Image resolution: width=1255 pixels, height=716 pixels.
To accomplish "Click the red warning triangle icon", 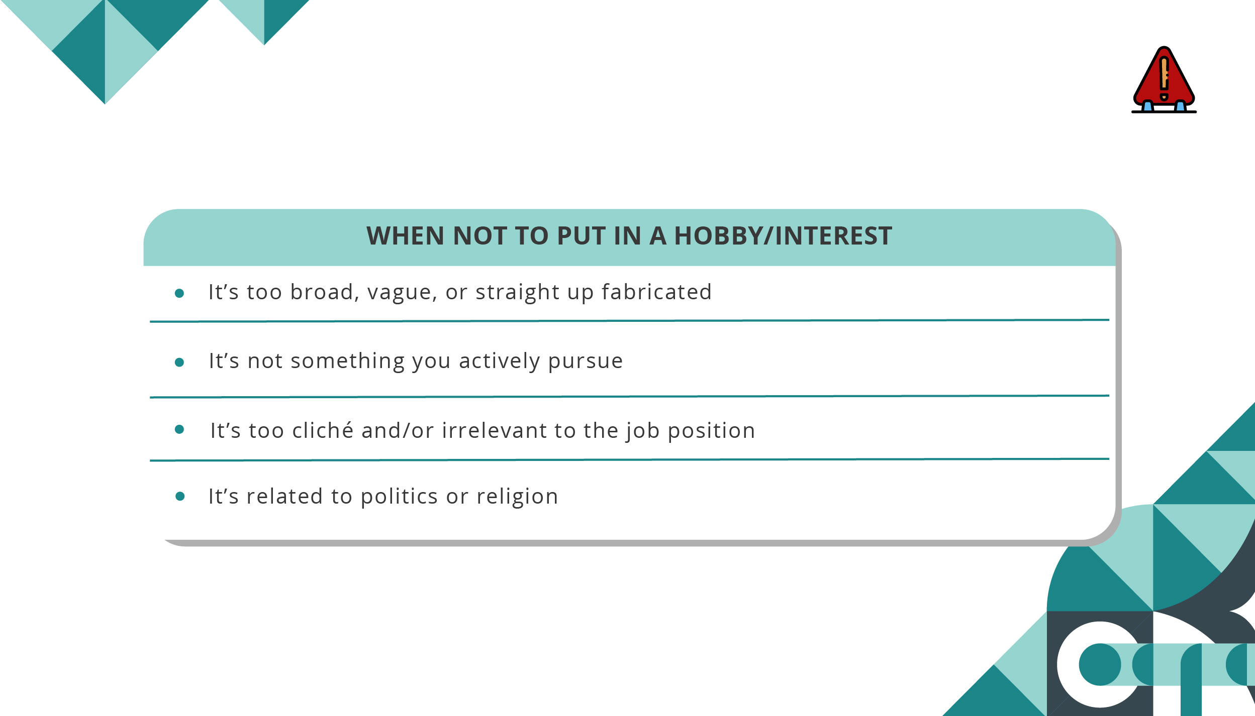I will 1164,80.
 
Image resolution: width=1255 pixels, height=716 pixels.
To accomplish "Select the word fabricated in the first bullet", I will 656,292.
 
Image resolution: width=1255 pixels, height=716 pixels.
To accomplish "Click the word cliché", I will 323,430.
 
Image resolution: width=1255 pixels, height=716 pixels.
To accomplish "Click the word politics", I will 399,497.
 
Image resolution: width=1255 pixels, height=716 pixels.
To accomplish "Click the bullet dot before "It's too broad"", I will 179,293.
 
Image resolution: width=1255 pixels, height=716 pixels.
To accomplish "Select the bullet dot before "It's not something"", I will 179,363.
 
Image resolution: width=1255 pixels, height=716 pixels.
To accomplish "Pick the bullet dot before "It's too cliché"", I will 179,429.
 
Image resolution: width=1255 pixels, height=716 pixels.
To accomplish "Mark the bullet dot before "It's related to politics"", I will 180,497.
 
